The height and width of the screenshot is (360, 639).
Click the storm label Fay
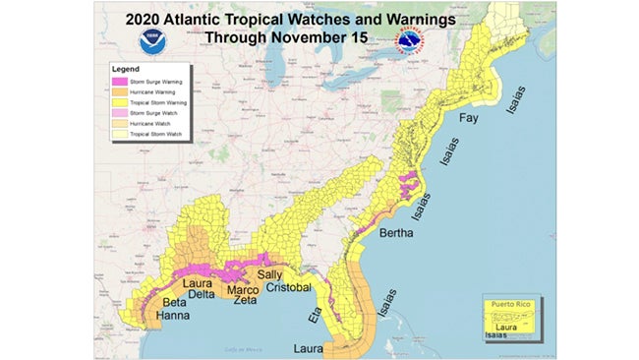pos(469,119)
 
